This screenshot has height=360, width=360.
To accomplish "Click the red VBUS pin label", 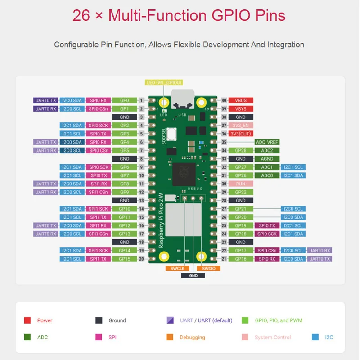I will [241, 100].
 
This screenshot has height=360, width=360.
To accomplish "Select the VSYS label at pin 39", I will [241, 109].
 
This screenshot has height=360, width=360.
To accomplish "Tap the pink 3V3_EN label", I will [241, 126].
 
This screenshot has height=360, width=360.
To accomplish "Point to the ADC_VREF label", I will [267, 142].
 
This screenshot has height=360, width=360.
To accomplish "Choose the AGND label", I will [267, 159].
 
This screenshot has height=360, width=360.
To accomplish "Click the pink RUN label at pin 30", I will [241, 184].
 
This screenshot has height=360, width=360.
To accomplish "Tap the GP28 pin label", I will [241, 150].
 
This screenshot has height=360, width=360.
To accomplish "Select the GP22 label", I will [241, 192].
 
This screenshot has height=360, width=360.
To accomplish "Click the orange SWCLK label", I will [175, 268].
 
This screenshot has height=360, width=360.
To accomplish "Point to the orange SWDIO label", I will [211, 268].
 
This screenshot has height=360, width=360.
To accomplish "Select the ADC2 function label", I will [267, 150].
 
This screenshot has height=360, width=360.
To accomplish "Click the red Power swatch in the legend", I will [27, 320].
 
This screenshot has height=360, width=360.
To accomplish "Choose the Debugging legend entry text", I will [192, 337].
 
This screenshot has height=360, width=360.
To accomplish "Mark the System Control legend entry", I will [273, 337].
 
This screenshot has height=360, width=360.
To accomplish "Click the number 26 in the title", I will [81, 16].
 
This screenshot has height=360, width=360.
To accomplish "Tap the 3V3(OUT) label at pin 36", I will [241, 134].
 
